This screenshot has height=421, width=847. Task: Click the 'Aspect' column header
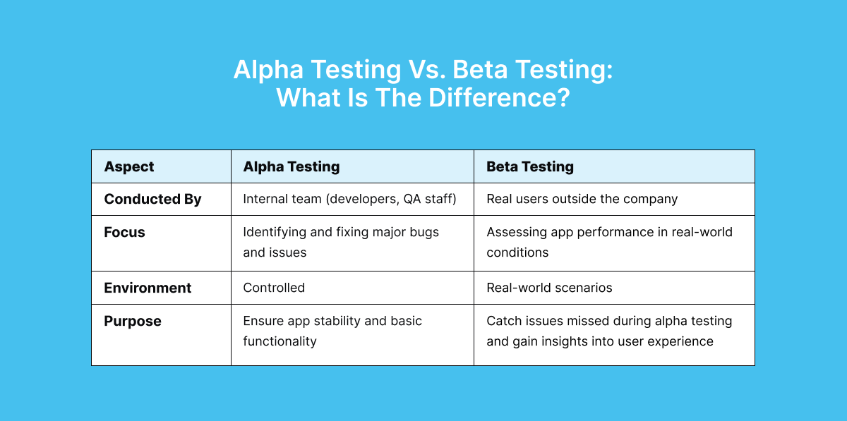point(129,167)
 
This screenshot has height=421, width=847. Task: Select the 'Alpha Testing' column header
point(291,167)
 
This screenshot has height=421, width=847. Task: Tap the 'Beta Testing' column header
point(529,167)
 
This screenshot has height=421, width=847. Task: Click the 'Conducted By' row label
point(152,200)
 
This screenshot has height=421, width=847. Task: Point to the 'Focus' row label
point(124,232)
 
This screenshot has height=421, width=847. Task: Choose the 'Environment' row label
point(148,288)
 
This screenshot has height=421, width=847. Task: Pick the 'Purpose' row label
point(133,321)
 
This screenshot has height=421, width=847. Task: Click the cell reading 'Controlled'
point(274,288)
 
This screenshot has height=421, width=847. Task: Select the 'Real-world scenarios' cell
point(549,288)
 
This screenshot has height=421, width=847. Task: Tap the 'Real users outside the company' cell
point(582,200)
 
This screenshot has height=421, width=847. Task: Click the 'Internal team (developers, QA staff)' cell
point(349,200)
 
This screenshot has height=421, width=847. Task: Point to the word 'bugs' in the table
point(423,232)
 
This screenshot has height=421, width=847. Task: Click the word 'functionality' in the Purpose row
point(280,341)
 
